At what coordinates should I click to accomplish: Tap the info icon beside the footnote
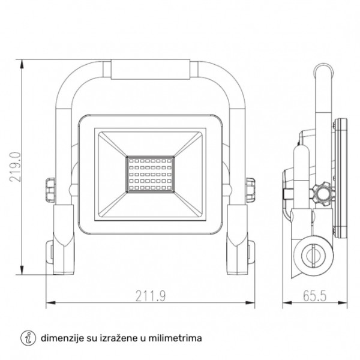coord(27,338)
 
